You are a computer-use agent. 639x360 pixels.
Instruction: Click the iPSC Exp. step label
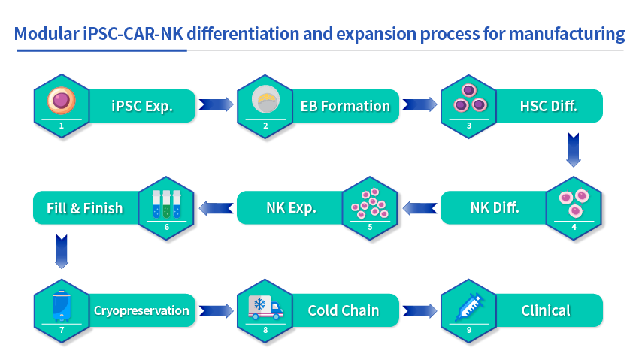coord(142,106)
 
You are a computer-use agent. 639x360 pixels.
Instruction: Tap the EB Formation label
coord(345,106)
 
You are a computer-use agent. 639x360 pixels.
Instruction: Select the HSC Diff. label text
coord(549,106)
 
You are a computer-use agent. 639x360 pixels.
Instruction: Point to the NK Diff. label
coord(495,207)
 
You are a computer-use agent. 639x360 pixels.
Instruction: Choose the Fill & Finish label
coord(84,208)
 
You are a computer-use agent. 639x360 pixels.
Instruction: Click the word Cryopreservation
coord(141,310)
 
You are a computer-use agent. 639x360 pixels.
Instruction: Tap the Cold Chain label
coord(344,310)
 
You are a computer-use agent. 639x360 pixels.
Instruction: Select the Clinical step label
coord(546,310)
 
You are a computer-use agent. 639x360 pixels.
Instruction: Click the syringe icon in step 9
coord(469,306)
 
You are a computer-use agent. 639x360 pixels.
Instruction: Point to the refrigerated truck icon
coord(265,307)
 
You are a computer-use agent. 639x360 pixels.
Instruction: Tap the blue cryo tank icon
coord(62,306)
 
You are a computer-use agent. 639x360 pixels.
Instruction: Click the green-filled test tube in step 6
coord(166,204)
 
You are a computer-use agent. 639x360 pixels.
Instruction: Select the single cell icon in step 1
coord(62,101)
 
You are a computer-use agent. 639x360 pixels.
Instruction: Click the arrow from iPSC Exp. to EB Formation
coord(216,104)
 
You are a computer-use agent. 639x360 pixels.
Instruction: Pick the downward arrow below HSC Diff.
coord(574,150)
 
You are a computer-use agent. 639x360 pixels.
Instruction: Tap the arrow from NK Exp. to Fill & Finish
coord(216,208)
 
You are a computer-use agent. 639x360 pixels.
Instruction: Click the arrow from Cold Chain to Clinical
coord(419,310)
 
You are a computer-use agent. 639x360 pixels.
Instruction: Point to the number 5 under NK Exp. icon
coord(370,227)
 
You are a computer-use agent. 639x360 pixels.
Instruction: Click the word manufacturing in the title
coord(567,35)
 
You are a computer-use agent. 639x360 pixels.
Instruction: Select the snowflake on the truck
coord(259,304)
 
